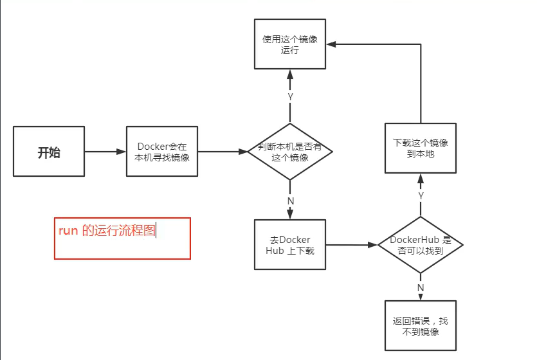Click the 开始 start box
tap(49, 152)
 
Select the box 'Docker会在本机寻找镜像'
tap(162, 152)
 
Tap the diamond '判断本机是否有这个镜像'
tap(290, 152)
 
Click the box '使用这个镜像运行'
tap(290, 44)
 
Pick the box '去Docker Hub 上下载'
tap(290, 245)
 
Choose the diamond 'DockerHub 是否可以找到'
tap(421, 245)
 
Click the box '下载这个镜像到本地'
tap(421, 148)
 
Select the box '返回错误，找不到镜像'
tap(421, 326)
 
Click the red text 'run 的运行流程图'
tap(107, 231)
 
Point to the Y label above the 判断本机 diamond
tap(290, 96)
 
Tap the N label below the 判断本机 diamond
tap(290, 200)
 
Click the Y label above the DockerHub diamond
tap(421, 195)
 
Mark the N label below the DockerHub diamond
tap(421, 287)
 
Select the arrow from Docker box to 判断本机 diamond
tap(223, 152)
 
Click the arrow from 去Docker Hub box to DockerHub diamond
tap(351, 245)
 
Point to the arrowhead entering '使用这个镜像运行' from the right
tap(331, 44)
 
